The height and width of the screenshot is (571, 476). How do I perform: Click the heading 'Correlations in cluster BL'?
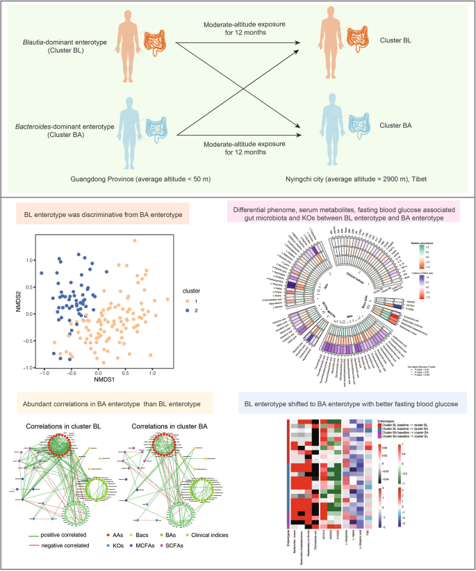[x=62, y=424]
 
